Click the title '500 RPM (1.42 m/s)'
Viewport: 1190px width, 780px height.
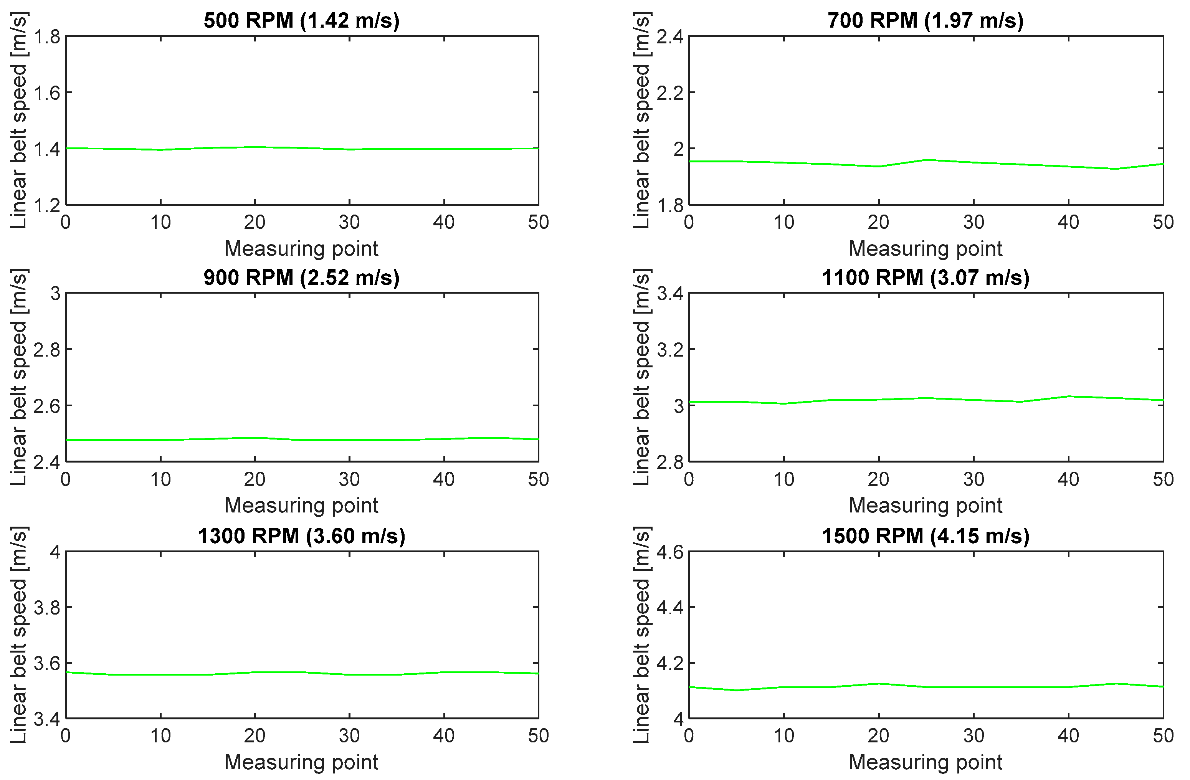(x=301, y=20)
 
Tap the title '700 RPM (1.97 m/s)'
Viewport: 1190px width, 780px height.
(x=926, y=20)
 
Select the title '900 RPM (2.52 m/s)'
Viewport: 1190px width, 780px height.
(x=301, y=278)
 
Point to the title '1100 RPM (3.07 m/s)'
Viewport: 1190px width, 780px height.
(x=926, y=278)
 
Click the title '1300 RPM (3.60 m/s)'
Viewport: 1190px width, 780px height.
(x=301, y=536)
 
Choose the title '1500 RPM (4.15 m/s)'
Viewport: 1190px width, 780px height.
(x=926, y=536)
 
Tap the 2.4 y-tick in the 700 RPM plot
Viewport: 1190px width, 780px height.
(x=670, y=37)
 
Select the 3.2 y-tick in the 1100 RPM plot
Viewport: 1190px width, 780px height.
(x=670, y=349)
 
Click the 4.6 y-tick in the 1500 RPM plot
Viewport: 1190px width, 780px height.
(x=670, y=552)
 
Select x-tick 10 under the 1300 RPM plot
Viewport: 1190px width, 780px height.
(x=160, y=736)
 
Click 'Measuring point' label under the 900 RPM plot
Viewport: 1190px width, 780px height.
(x=301, y=506)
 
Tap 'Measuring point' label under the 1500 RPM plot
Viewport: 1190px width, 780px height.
(x=926, y=762)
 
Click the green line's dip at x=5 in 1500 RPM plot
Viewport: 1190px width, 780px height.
(x=737, y=690)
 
